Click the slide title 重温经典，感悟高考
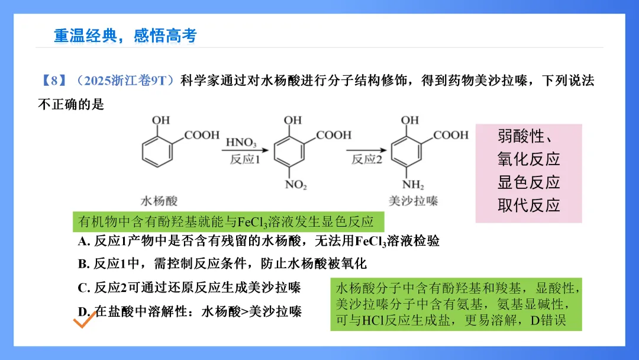pos(125,36)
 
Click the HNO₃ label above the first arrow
pos(241,143)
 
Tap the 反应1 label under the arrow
pos(245,160)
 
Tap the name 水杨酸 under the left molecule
pos(159,201)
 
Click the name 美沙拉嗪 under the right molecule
pos(414,201)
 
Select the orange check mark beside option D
pos(82,322)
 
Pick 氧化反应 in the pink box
pos(528,159)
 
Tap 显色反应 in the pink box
pos(528,182)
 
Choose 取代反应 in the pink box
pos(528,205)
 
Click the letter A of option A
pos(83,242)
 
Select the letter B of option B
pos(83,263)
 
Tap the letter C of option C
pos(83,288)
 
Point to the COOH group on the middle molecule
pos(334,136)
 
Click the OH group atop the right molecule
pos(410,120)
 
